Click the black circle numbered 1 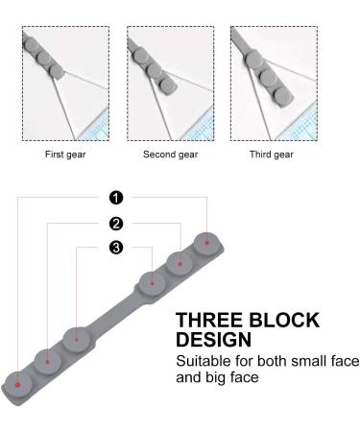pos(116,198)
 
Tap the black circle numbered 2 pos(116,224)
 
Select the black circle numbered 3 pos(116,249)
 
